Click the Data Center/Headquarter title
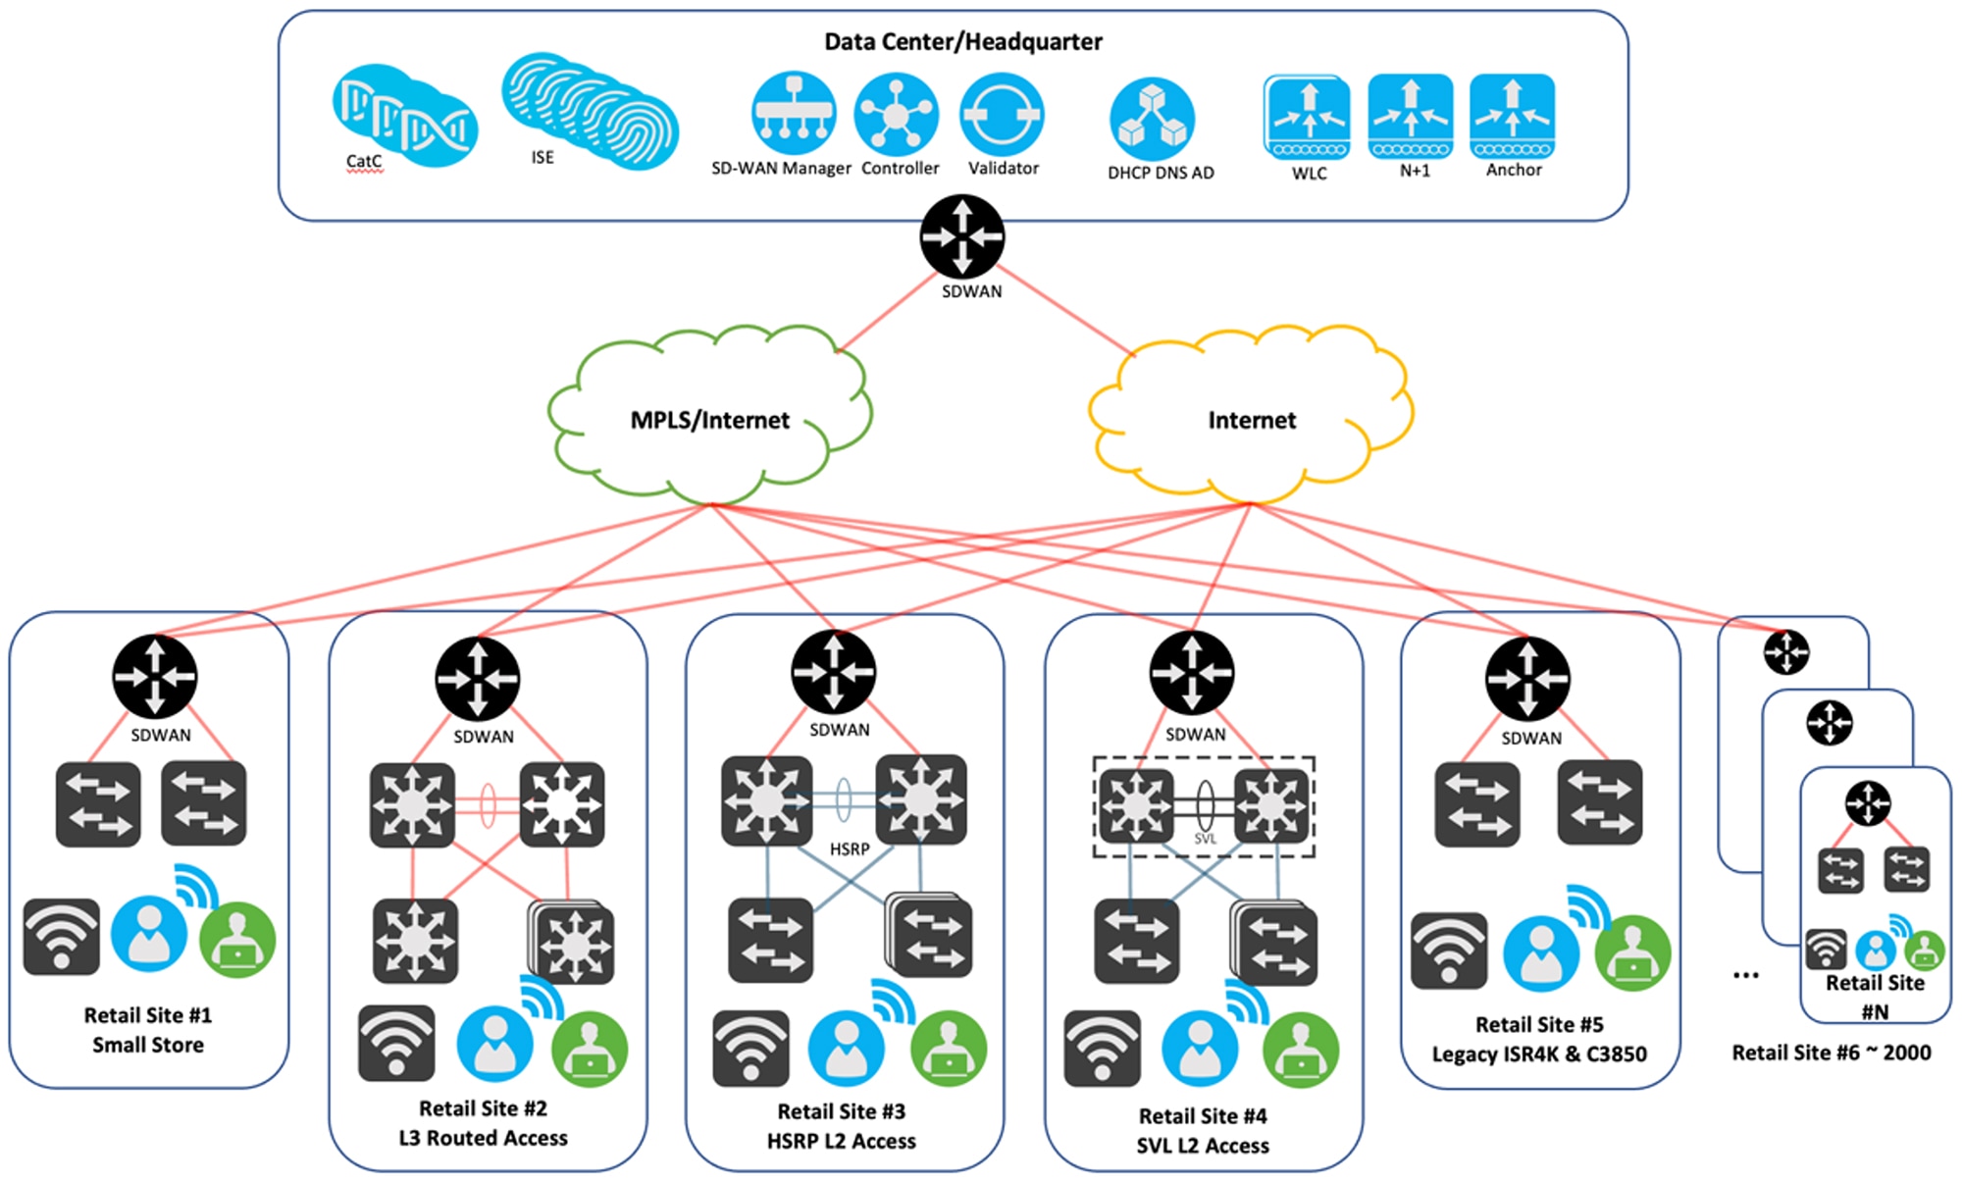[x=962, y=41]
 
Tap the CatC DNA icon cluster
[x=405, y=116]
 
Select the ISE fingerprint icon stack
[x=590, y=111]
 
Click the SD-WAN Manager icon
[x=794, y=114]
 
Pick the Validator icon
[x=1002, y=114]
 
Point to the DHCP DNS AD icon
[x=1152, y=119]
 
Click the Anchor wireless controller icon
[x=1512, y=116]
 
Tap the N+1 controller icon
[x=1410, y=116]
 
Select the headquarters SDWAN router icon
[x=961, y=236]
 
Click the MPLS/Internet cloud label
[x=709, y=420]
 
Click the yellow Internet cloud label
[x=1252, y=420]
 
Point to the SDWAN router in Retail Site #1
[x=155, y=676]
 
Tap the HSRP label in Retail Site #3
[x=849, y=849]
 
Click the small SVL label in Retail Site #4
[x=1206, y=839]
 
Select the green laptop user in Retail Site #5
[x=1632, y=952]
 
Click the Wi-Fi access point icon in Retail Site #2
[x=396, y=1043]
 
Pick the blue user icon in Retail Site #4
[x=1200, y=1048]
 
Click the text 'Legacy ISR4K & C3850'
[x=1539, y=1054]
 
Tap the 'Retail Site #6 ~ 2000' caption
[x=1831, y=1053]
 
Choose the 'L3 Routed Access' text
[x=483, y=1138]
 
